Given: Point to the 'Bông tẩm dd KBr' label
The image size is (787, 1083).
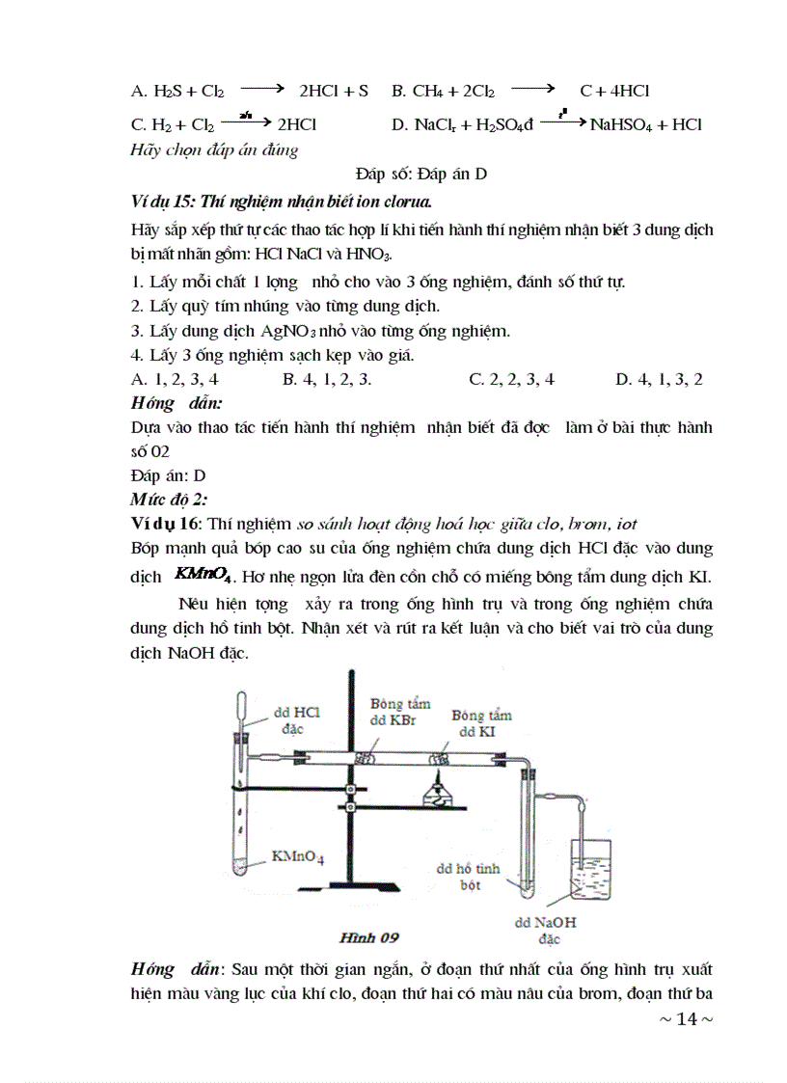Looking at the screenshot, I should [x=400, y=712].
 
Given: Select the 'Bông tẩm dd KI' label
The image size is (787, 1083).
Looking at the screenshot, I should [x=481, y=723].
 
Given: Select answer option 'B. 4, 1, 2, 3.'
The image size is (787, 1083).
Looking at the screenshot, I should [x=327, y=379].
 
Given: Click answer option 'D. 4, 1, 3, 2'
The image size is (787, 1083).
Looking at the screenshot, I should [x=659, y=379].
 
